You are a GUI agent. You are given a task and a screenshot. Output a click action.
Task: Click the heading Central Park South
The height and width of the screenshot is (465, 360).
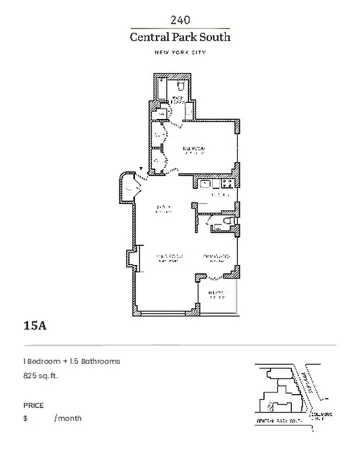(x=180, y=37)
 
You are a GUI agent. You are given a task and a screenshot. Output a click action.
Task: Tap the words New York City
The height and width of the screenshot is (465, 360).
(x=180, y=53)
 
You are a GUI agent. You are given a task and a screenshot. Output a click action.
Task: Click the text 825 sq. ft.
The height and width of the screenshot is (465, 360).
(x=41, y=375)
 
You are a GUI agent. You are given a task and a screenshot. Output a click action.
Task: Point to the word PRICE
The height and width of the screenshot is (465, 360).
(x=33, y=406)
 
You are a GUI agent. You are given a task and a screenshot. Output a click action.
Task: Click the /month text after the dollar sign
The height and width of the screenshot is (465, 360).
(x=68, y=418)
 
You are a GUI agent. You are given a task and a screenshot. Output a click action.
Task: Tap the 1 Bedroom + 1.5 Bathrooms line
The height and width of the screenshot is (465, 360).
(x=72, y=361)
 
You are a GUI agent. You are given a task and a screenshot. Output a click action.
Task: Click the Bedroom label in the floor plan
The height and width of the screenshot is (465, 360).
(x=194, y=151)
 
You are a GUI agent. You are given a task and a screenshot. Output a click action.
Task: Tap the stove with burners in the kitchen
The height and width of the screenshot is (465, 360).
(x=227, y=184)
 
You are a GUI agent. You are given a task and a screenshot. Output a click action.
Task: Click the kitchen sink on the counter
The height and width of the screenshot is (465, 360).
(x=205, y=184)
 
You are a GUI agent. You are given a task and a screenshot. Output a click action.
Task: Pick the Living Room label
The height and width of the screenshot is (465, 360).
(x=168, y=257)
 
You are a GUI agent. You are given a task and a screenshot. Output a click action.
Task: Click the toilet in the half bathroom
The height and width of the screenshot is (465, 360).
(x=228, y=222)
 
